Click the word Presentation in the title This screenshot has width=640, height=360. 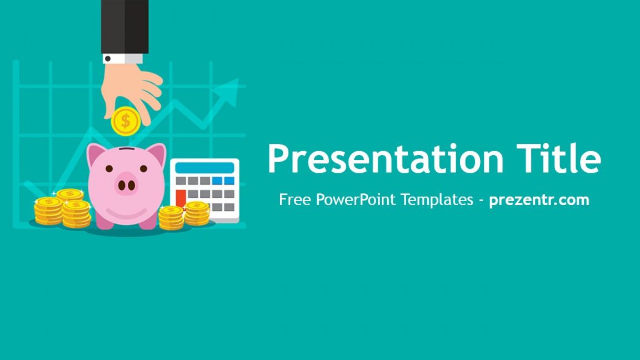[386, 159]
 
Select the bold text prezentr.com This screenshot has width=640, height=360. [539, 199]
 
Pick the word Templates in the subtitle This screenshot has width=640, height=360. [437, 199]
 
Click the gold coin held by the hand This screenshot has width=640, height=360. [126, 121]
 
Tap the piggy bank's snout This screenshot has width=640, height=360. [127, 184]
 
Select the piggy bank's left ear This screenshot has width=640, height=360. [96, 154]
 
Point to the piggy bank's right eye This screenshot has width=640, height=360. [144, 168]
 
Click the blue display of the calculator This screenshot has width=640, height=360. [204, 168]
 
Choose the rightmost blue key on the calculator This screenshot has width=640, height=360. [229, 181]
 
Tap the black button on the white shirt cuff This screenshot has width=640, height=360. [107, 59]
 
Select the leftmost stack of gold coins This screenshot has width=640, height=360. [48, 211]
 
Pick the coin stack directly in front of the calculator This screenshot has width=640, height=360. [197, 213]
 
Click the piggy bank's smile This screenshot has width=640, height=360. [126, 213]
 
